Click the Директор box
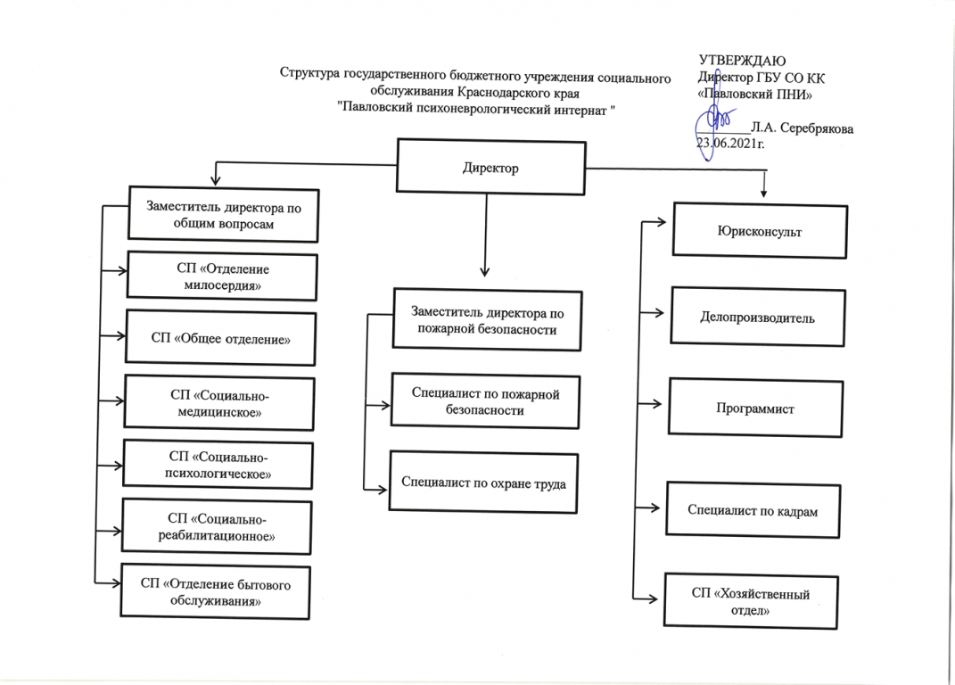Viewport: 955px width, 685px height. pos(490,168)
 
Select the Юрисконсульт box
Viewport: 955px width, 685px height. pos(759,231)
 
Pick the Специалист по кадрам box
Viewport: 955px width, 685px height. pos(753,510)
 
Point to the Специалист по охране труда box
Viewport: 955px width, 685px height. pos(484,482)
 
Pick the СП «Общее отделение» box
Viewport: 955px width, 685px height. pos(220,338)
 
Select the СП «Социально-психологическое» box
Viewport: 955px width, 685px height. pos(218,465)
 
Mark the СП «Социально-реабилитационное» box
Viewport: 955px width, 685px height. pos(216,527)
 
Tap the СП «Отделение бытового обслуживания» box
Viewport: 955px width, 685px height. pos(215,591)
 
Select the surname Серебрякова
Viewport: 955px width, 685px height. pos(816,128)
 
